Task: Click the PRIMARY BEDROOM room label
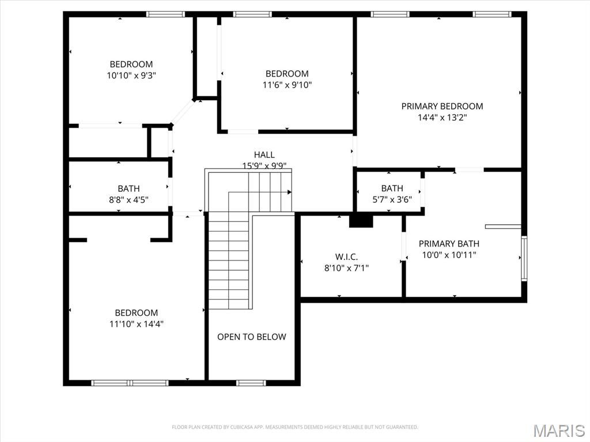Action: pyautogui.click(x=442, y=106)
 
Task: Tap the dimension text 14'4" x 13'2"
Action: pyautogui.click(x=442, y=118)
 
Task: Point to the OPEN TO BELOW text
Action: pyautogui.click(x=251, y=337)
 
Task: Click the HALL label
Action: pyautogui.click(x=264, y=154)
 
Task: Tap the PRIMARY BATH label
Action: pyautogui.click(x=449, y=243)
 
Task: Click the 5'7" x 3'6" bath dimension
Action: pyautogui.click(x=392, y=200)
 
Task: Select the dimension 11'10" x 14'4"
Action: pyautogui.click(x=137, y=324)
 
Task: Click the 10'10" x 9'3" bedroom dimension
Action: pyautogui.click(x=131, y=75)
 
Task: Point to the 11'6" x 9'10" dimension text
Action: pyautogui.click(x=287, y=85)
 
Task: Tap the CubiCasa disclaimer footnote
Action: pyautogui.click(x=295, y=427)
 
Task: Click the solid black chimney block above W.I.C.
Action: pyautogui.click(x=361, y=220)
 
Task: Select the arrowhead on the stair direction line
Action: pyautogui.click(x=289, y=192)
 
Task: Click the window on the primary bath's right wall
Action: pyautogui.click(x=524, y=258)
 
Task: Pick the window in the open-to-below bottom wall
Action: pyautogui.click(x=251, y=382)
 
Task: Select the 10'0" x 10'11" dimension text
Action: pyautogui.click(x=449, y=255)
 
